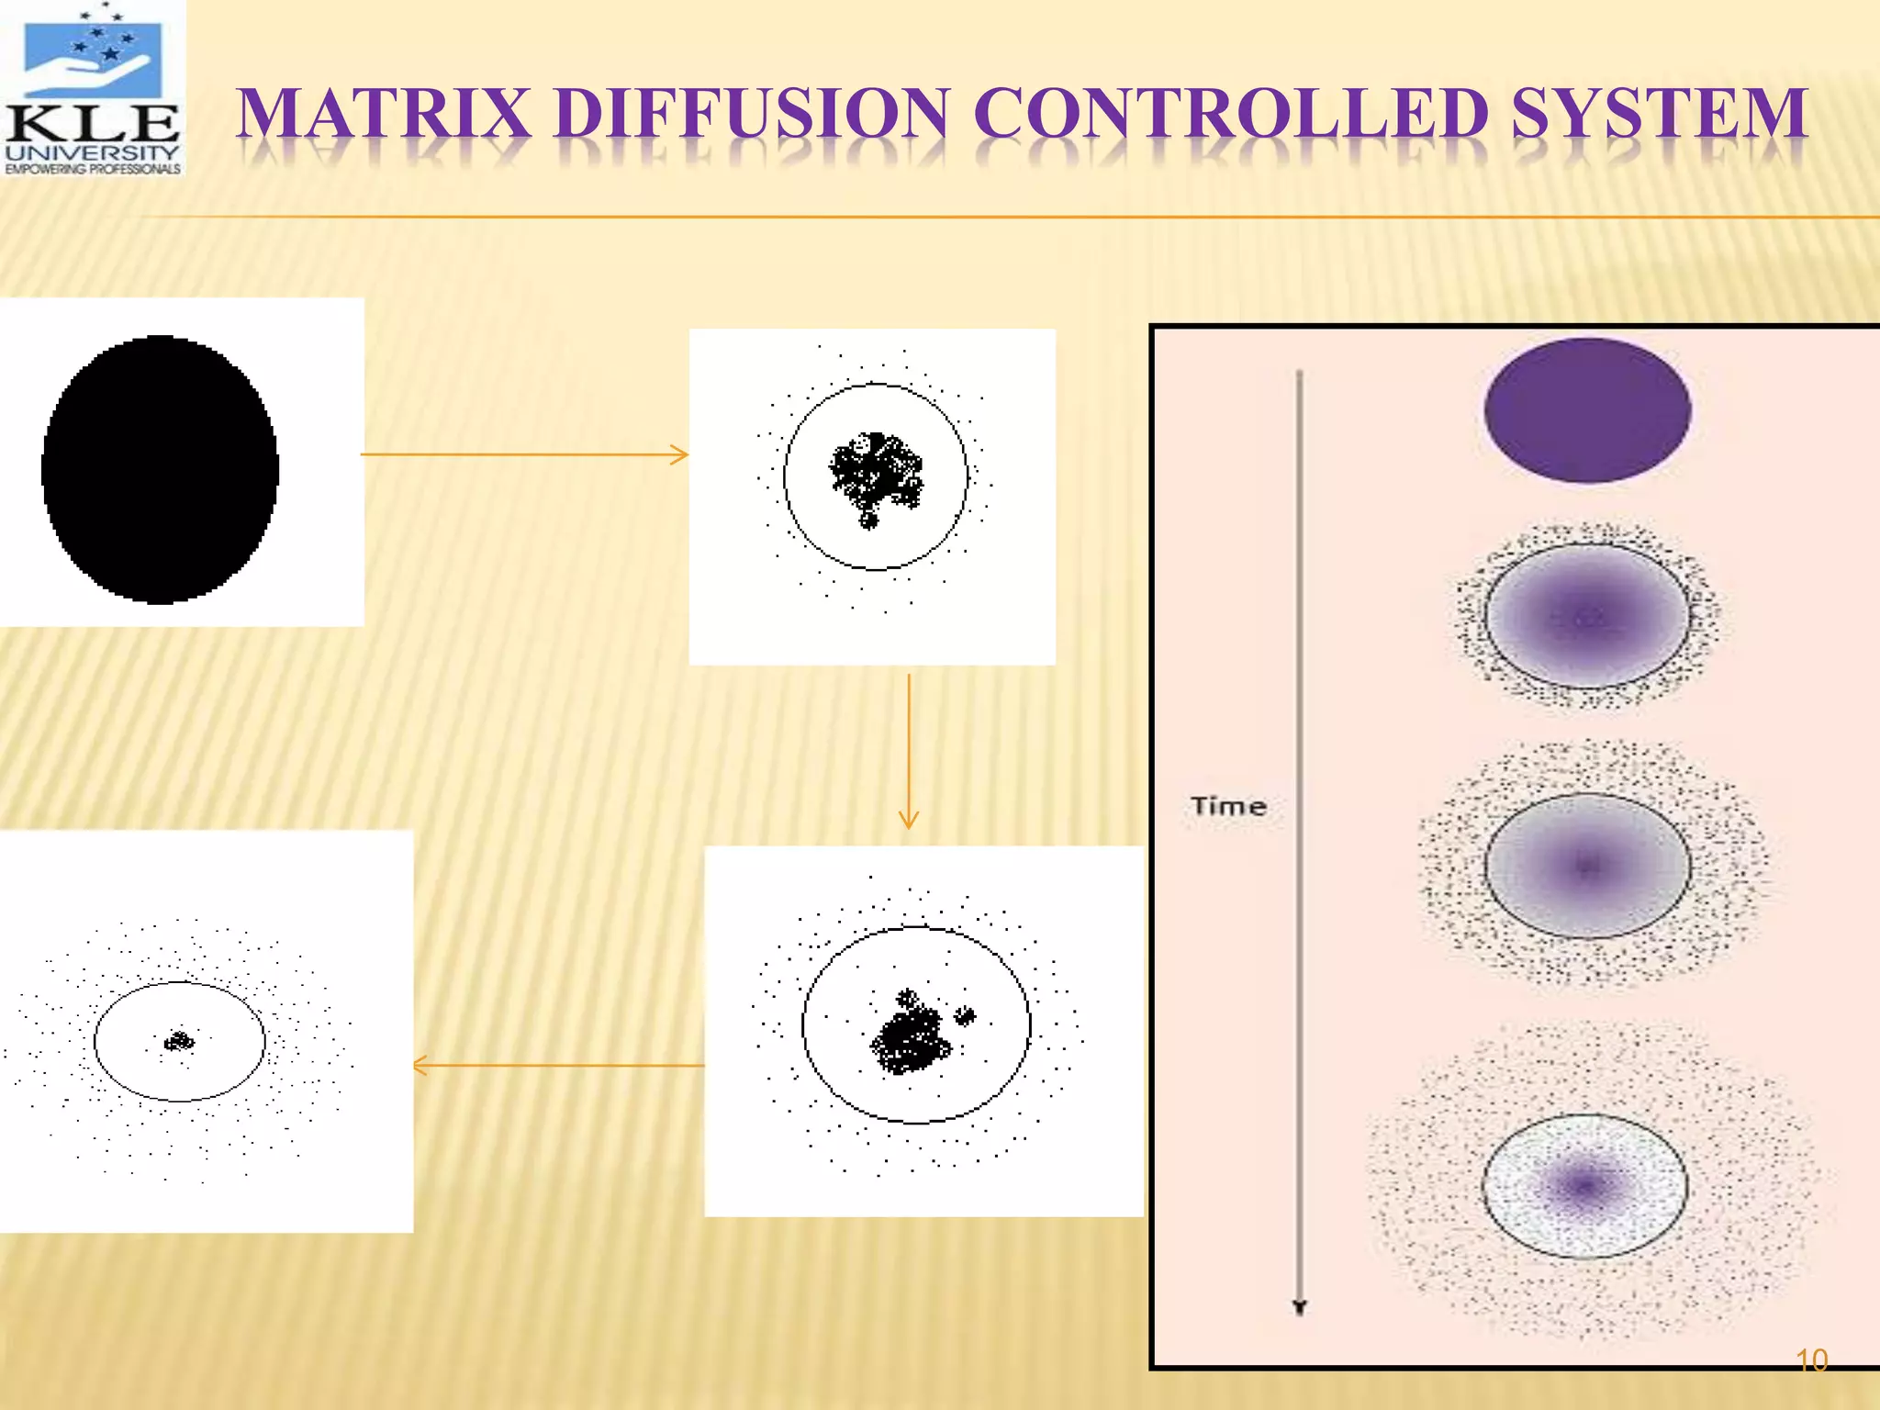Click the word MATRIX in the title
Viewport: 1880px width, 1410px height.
click(x=384, y=114)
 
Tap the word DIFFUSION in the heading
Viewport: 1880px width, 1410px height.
click(x=752, y=114)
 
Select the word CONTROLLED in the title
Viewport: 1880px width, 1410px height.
click(x=1229, y=114)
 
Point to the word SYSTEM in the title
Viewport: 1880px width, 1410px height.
click(x=1660, y=114)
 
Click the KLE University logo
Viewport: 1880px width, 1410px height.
click(x=92, y=88)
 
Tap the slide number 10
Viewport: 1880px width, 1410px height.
click(x=1811, y=1360)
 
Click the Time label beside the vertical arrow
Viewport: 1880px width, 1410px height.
click(x=1228, y=806)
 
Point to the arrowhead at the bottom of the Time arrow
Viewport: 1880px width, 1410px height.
click(x=1299, y=1307)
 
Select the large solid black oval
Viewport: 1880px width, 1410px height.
click(x=160, y=469)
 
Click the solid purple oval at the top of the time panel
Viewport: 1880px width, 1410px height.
click(x=1587, y=409)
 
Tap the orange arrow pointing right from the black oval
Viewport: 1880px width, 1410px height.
click(x=524, y=454)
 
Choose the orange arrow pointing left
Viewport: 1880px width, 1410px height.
click(x=558, y=1065)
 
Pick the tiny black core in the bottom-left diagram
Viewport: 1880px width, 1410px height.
click(x=179, y=1041)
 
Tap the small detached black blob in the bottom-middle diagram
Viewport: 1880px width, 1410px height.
click(x=964, y=1015)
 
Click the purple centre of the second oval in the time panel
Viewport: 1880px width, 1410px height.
click(x=1587, y=618)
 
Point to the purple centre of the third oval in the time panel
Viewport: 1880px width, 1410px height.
click(x=1587, y=865)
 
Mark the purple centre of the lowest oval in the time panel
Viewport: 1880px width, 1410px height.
click(x=1584, y=1185)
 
